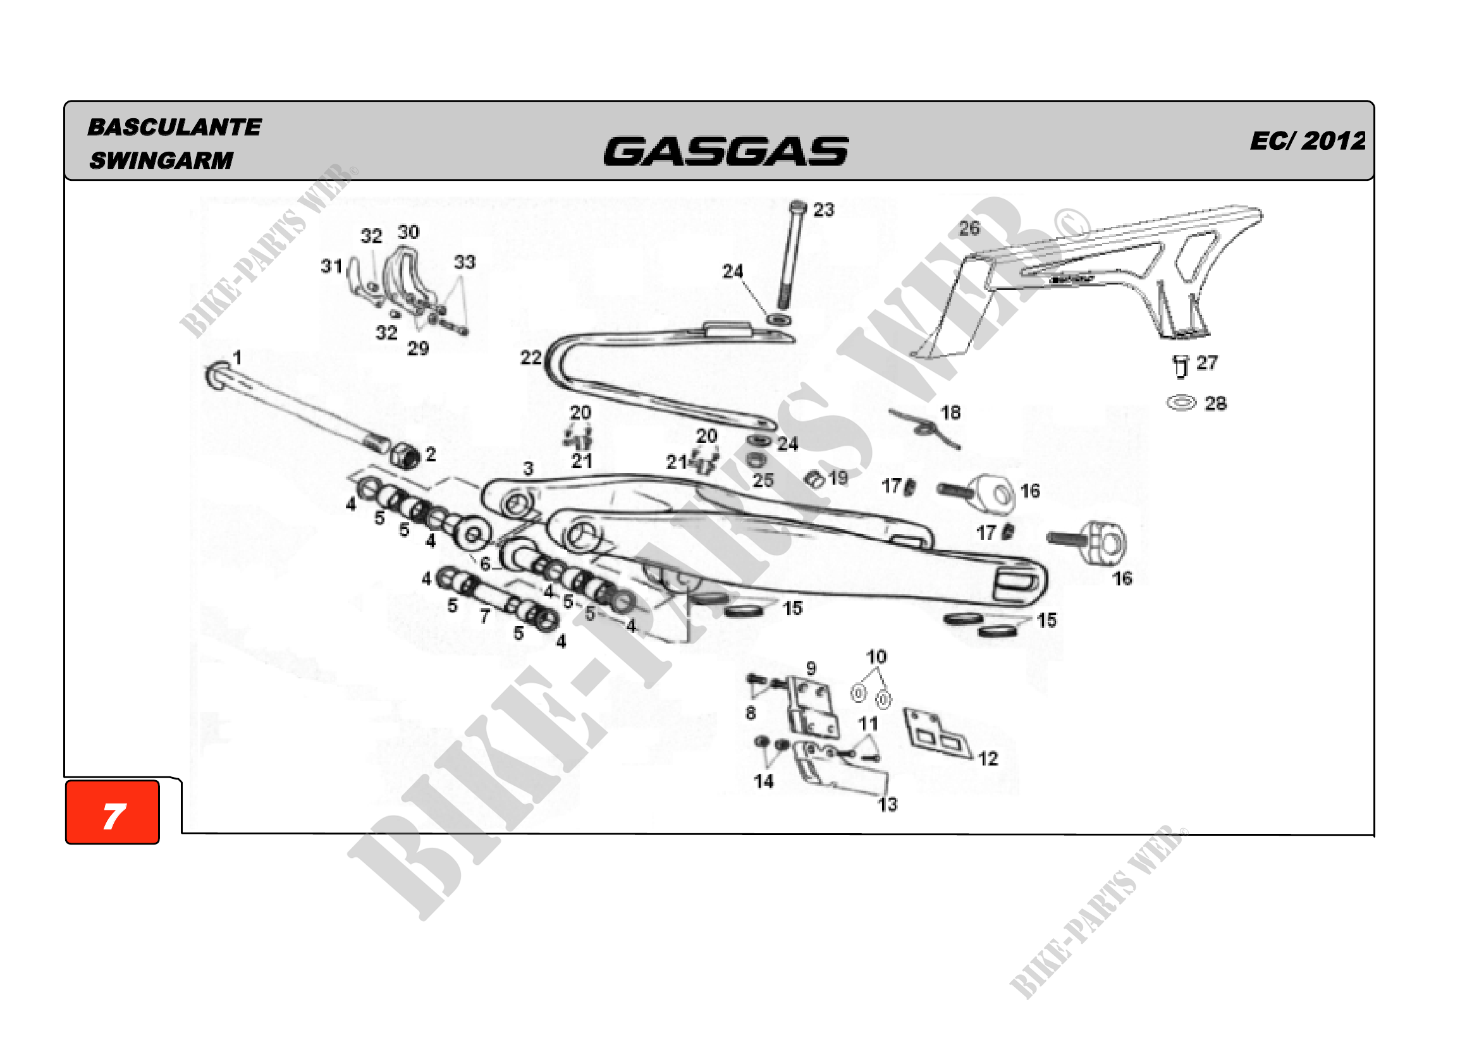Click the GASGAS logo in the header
[725, 151]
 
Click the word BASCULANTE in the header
[174, 127]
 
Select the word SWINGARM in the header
[161, 161]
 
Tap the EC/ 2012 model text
[1307, 141]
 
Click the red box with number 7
[112, 812]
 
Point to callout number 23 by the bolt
[823, 210]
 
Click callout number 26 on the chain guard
[969, 228]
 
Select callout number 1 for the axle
[237, 357]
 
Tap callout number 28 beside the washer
[1215, 404]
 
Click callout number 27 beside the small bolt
[1207, 363]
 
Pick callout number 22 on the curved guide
[531, 357]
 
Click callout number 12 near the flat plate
[988, 759]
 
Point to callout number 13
[887, 804]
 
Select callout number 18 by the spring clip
[951, 412]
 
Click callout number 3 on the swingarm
[528, 468]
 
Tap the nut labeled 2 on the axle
[404, 455]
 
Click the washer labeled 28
[1181, 404]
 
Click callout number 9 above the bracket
[811, 668]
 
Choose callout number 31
[331, 266]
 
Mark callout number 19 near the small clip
[838, 478]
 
